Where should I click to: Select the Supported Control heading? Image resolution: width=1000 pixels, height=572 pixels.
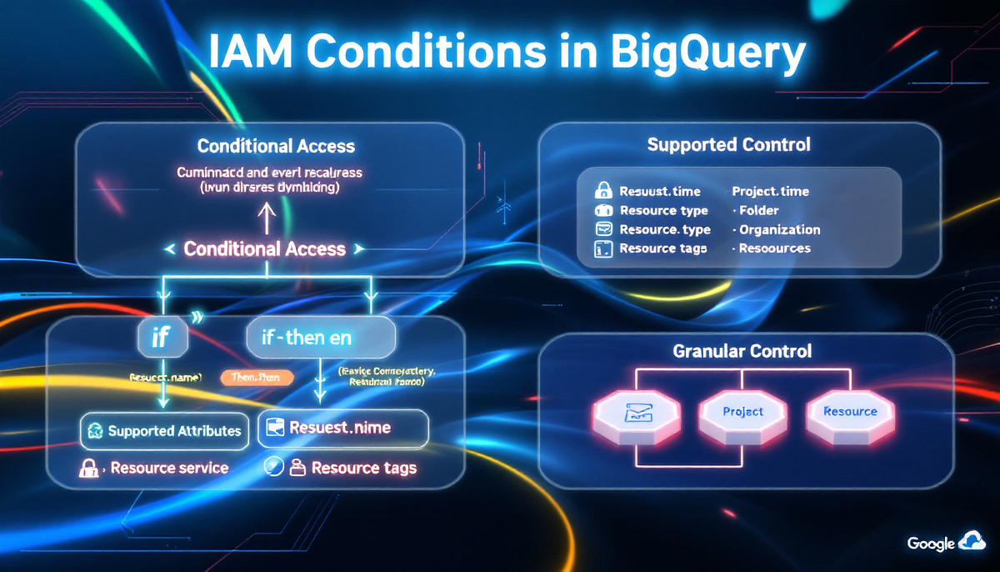coord(728,144)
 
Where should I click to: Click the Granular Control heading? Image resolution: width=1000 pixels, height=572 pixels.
coord(742,351)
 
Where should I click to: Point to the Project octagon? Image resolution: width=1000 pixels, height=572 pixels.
coord(742,412)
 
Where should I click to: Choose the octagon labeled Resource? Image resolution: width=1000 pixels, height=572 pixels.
coord(850,412)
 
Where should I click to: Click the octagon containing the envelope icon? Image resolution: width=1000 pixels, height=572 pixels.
coord(635,412)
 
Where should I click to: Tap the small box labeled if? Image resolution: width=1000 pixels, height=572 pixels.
coord(161,339)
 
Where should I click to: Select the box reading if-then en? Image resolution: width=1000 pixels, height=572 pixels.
coord(320,339)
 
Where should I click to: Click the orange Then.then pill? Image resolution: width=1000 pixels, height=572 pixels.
coord(257,378)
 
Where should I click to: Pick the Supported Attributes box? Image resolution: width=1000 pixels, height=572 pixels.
coord(164,431)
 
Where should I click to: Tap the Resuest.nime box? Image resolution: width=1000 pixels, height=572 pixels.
coord(343,429)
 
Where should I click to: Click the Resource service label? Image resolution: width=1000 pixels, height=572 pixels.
coord(169,468)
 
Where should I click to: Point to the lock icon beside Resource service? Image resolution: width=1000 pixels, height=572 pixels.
coord(89,469)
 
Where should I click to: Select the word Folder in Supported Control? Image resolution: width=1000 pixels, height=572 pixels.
coord(758,210)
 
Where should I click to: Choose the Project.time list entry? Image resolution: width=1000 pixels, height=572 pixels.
coord(770,191)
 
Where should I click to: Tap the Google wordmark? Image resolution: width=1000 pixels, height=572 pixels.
coord(930,544)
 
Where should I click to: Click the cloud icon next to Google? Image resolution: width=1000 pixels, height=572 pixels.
coord(972,542)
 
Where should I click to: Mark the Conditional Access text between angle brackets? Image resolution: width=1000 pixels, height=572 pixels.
coord(264,248)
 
